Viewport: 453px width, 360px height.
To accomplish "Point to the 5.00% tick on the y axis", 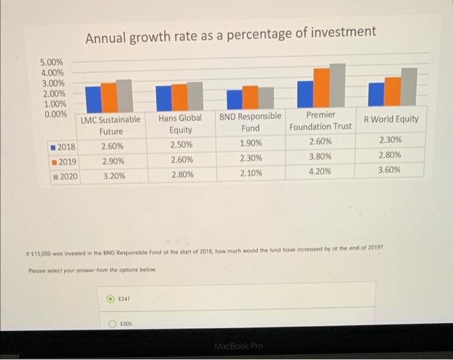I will point(52,62).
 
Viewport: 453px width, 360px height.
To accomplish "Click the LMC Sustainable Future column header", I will point(111,126).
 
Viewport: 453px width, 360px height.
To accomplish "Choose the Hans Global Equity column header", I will point(180,124).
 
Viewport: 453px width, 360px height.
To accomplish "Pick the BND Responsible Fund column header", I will point(250,123).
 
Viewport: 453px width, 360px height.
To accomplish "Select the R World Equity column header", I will point(391,119).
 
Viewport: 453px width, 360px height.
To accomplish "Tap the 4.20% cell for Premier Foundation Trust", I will point(320,172).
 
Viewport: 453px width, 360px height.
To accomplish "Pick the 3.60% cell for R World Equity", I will point(390,170).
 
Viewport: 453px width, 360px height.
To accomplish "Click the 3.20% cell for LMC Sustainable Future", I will point(114,175).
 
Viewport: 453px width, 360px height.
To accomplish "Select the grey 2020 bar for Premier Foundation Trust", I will point(337,84).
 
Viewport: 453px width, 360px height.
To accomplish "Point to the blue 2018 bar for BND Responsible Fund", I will point(234,98).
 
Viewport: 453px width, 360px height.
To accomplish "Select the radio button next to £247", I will point(111,299).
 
